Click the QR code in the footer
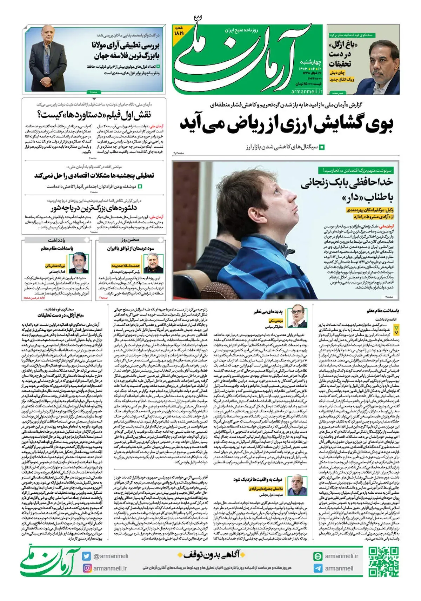[x=384, y=561]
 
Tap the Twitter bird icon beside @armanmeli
[x=87, y=556]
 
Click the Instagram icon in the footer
[x=87, y=568]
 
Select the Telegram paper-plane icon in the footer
[x=318, y=568]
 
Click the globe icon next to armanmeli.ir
[x=318, y=556]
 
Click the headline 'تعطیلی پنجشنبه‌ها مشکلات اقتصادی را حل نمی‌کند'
[x=94, y=176]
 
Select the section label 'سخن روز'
[x=130, y=240]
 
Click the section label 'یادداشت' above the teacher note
[x=56, y=240]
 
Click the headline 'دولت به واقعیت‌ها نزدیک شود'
[x=258, y=479]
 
